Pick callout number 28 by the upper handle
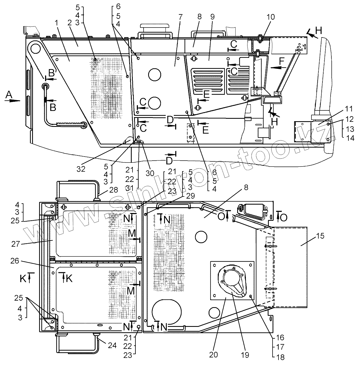pyautogui.click(x=114, y=189)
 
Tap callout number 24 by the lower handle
pyautogui.click(x=112, y=345)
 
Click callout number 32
pyautogui.click(x=81, y=169)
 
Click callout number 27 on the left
pyautogui.click(x=16, y=244)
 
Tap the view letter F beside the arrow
pyautogui.click(x=281, y=61)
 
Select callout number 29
pyautogui.click(x=191, y=196)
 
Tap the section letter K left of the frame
pyautogui.click(x=23, y=278)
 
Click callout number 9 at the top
pyautogui.click(x=213, y=17)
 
